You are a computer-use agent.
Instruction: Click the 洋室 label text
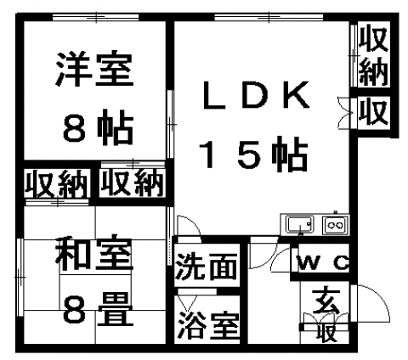point(94,69)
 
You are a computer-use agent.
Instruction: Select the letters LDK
point(256,96)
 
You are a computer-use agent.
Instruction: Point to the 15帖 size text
point(253,154)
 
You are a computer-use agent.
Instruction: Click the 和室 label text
point(94,253)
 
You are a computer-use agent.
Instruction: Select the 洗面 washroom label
point(206,266)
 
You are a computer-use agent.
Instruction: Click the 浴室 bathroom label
point(208,325)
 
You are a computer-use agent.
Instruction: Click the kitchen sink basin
point(299,224)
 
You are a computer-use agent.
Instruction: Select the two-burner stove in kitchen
point(335,225)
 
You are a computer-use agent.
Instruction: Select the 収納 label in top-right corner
point(373,54)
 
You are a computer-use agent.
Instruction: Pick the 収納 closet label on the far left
point(56,184)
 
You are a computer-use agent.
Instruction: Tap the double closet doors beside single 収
point(345,113)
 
